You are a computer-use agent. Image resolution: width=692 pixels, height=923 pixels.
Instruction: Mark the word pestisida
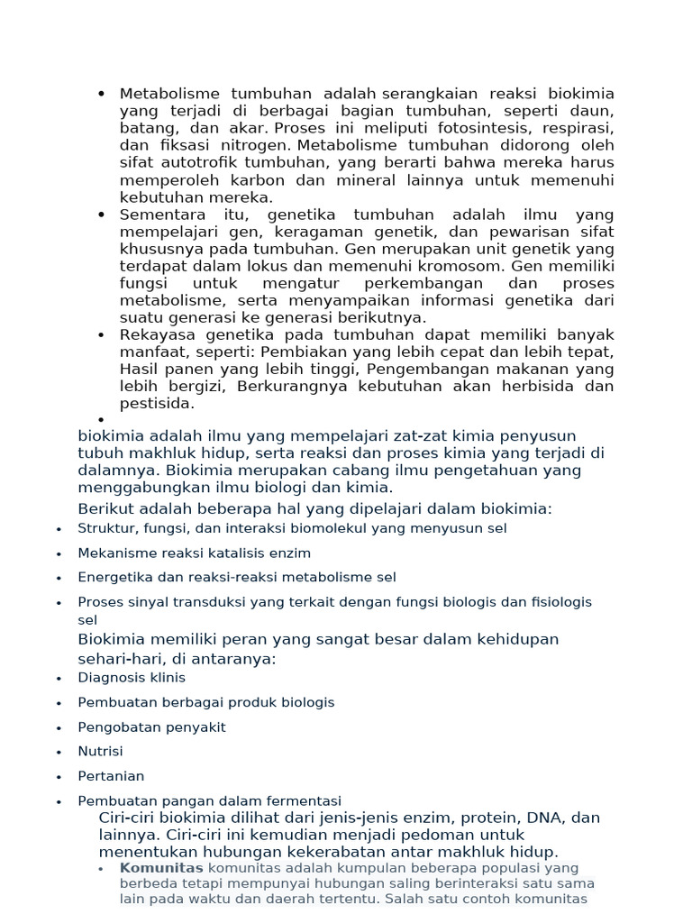tap(158, 403)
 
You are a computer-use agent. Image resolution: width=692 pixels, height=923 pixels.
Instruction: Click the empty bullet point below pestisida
tap(101, 420)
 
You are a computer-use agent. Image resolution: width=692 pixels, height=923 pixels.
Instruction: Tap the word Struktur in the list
tap(106, 528)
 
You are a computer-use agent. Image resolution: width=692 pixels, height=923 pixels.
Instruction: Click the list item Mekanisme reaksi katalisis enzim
tap(194, 553)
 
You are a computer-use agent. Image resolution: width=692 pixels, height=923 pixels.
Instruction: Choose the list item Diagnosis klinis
tap(132, 678)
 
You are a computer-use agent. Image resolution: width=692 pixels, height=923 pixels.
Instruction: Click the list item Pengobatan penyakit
tap(151, 727)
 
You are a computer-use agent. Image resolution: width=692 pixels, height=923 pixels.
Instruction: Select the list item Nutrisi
tap(100, 751)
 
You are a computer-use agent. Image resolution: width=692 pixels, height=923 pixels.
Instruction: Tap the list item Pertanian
tap(111, 775)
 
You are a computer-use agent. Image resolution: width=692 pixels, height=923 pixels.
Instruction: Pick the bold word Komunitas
tap(161, 868)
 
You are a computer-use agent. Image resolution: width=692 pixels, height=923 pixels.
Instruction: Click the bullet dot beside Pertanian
tap(59, 777)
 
